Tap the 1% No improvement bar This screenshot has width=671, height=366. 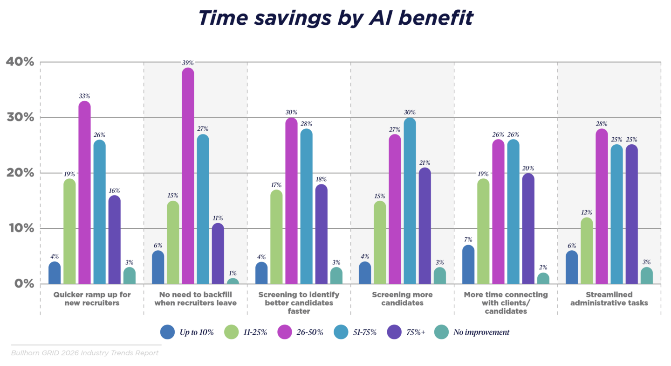coord(233,281)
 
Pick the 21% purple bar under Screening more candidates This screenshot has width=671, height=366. coord(425,226)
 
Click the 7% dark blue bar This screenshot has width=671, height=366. coord(468,265)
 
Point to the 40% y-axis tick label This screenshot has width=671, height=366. coord(20,62)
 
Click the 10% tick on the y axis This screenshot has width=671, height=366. coord(20,228)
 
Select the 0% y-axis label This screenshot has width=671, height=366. coord(23,283)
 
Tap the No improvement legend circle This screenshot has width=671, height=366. coord(441,332)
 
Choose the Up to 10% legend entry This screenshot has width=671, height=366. coord(186,332)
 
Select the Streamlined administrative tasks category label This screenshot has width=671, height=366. coord(609,299)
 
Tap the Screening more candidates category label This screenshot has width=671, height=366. coord(402,299)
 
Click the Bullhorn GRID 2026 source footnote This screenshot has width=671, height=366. coord(85,352)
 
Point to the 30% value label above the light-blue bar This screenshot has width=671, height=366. coord(410,113)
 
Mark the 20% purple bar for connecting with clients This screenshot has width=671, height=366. coord(528,229)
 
